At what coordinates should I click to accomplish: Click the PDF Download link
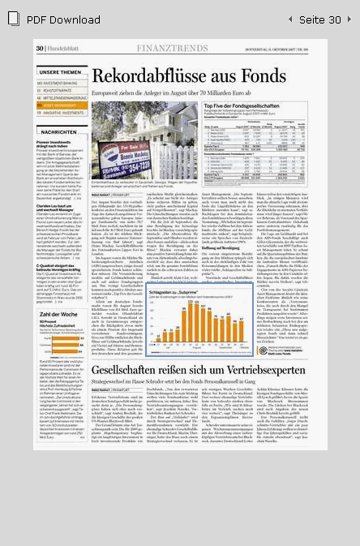pyautogui.click(x=63, y=19)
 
